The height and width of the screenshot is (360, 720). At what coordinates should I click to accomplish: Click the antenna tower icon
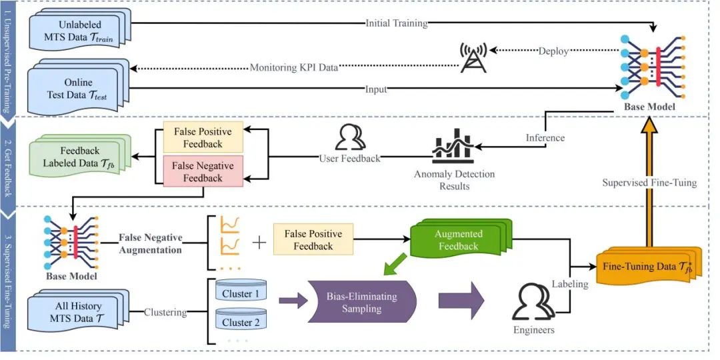pyautogui.click(x=473, y=57)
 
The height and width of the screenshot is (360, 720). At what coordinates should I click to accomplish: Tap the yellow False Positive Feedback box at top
pyautogui.click(x=203, y=137)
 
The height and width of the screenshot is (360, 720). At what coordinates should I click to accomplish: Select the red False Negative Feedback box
pyautogui.click(x=203, y=172)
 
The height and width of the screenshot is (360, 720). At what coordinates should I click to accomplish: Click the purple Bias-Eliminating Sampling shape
pyautogui.click(x=360, y=301)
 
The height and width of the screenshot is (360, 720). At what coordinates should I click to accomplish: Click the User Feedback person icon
pyautogui.click(x=349, y=137)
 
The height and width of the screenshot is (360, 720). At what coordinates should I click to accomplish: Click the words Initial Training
pyautogui.click(x=397, y=23)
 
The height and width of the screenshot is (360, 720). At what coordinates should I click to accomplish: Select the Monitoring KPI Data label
pyautogui.click(x=294, y=67)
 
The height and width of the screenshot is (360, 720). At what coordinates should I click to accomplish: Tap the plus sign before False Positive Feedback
pyautogui.click(x=259, y=241)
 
